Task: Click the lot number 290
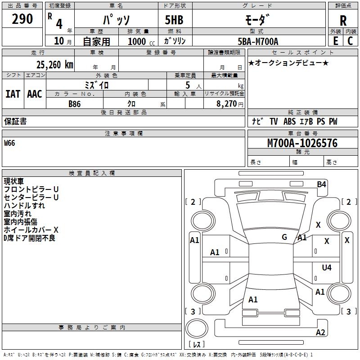click(x=22, y=19)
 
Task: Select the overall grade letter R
click(x=343, y=21)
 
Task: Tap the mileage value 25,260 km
click(x=54, y=65)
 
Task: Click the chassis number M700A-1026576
click(x=302, y=143)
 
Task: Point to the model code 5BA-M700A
click(x=258, y=41)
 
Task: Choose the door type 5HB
click(x=174, y=20)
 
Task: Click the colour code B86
click(x=75, y=104)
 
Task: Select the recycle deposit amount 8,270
click(x=226, y=103)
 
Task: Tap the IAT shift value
click(x=13, y=94)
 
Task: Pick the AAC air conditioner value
click(x=35, y=94)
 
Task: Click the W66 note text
click(x=9, y=143)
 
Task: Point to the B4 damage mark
click(x=321, y=184)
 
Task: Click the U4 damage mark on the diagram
click(x=327, y=267)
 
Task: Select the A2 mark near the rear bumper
click(x=320, y=332)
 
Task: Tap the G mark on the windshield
click(x=284, y=237)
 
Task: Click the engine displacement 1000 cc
click(x=141, y=41)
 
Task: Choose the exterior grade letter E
click(x=335, y=41)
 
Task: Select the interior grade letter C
click(x=350, y=41)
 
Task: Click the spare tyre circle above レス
click(x=197, y=328)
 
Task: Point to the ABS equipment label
click(x=289, y=121)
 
